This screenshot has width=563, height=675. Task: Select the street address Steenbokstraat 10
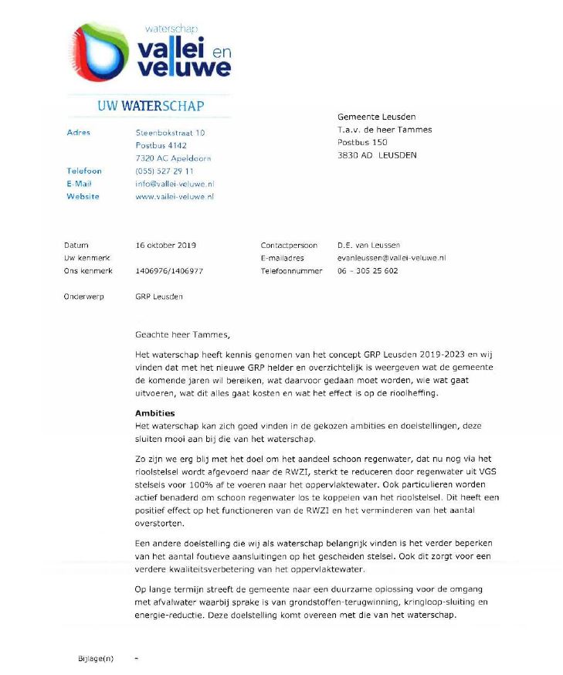tap(170, 133)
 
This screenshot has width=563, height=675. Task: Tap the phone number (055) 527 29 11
tap(164, 171)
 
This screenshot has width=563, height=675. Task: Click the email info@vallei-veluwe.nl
tap(175, 184)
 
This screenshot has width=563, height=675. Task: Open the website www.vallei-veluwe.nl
tap(175, 197)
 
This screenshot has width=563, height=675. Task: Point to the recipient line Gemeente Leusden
tap(376, 117)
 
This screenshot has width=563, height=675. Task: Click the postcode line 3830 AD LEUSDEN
tap(376, 155)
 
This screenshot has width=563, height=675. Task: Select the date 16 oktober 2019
tap(165, 246)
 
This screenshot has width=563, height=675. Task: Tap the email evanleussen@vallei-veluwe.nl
tap(392, 258)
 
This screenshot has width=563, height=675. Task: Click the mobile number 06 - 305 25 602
tap(368, 271)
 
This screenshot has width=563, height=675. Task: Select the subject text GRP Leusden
tap(159, 297)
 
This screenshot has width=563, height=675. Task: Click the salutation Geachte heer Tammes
tap(182, 335)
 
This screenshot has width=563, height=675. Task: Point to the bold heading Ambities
tap(155, 413)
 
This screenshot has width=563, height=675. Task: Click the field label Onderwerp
tap(83, 297)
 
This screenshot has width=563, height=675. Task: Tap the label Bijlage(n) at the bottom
tap(95, 658)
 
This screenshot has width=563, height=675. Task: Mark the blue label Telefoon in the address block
tap(84, 171)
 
